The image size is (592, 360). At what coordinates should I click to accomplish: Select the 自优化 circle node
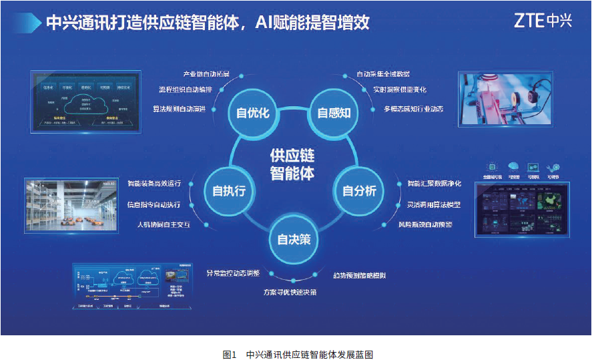253,112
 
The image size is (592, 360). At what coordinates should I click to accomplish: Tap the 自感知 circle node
334,112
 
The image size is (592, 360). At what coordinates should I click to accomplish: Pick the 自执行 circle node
229,191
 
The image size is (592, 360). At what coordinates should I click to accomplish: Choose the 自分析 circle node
359,191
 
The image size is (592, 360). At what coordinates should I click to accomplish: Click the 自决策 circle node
294,238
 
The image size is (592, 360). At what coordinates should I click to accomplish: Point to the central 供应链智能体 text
292,164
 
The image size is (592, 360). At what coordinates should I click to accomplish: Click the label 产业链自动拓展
206,73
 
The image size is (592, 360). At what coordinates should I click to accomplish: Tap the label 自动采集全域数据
383,73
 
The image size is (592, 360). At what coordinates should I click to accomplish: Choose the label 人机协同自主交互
164,224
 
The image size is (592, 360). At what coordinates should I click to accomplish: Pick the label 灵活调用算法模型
434,204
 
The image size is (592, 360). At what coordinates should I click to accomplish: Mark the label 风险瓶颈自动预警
425,224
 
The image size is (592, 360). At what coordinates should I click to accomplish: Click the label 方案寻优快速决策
290,292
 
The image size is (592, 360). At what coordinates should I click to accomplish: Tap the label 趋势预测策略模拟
359,275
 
